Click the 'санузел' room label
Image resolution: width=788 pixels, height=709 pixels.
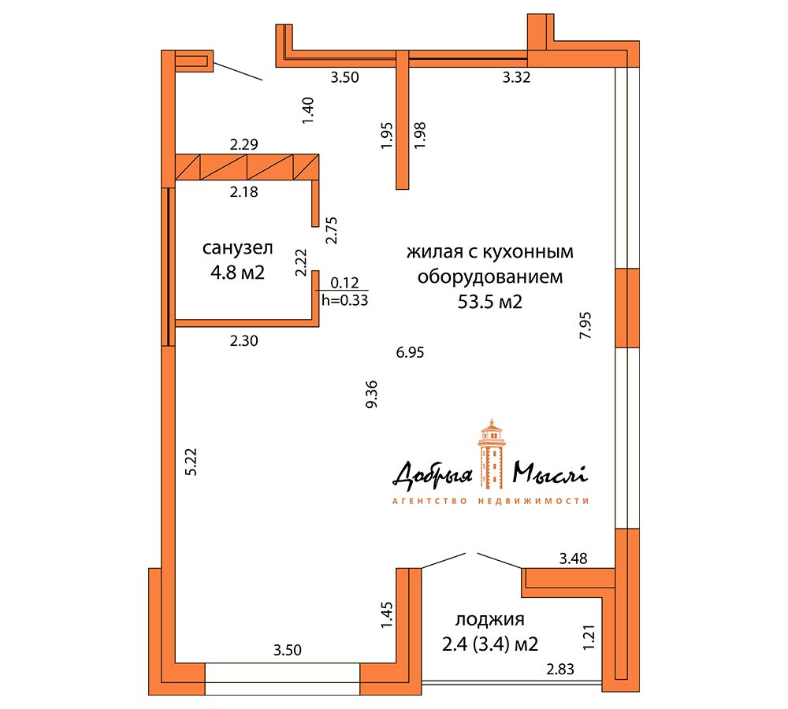[x=238, y=247]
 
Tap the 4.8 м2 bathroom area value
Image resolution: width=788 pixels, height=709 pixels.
[x=237, y=273]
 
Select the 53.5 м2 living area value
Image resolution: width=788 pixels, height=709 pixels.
[x=490, y=302]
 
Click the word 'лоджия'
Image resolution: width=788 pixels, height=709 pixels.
[x=490, y=619]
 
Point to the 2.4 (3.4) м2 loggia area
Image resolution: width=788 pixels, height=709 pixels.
[x=490, y=644]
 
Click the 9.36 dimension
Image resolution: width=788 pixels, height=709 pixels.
[x=372, y=395]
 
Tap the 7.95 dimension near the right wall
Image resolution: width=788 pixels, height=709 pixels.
[x=585, y=325]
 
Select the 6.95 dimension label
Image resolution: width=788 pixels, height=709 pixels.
[x=410, y=352]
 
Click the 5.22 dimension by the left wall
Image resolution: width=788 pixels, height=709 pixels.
[x=191, y=462]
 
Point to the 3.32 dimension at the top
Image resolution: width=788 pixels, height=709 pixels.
[x=517, y=77]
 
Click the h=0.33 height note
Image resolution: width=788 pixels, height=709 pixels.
[x=345, y=300]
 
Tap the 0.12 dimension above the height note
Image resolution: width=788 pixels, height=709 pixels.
[x=345, y=283]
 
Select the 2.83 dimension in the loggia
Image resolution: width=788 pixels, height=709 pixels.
[x=560, y=670]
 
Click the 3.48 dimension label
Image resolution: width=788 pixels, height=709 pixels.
[x=574, y=559]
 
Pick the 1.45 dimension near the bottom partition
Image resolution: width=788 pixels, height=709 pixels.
[x=386, y=615]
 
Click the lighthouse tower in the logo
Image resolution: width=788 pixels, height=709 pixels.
[x=492, y=455]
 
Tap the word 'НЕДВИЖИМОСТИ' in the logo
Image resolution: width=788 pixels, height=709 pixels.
[x=533, y=501]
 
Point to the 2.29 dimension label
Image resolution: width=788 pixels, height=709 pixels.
[x=244, y=145]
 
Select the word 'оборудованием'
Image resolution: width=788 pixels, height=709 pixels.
[x=490, y=277]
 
